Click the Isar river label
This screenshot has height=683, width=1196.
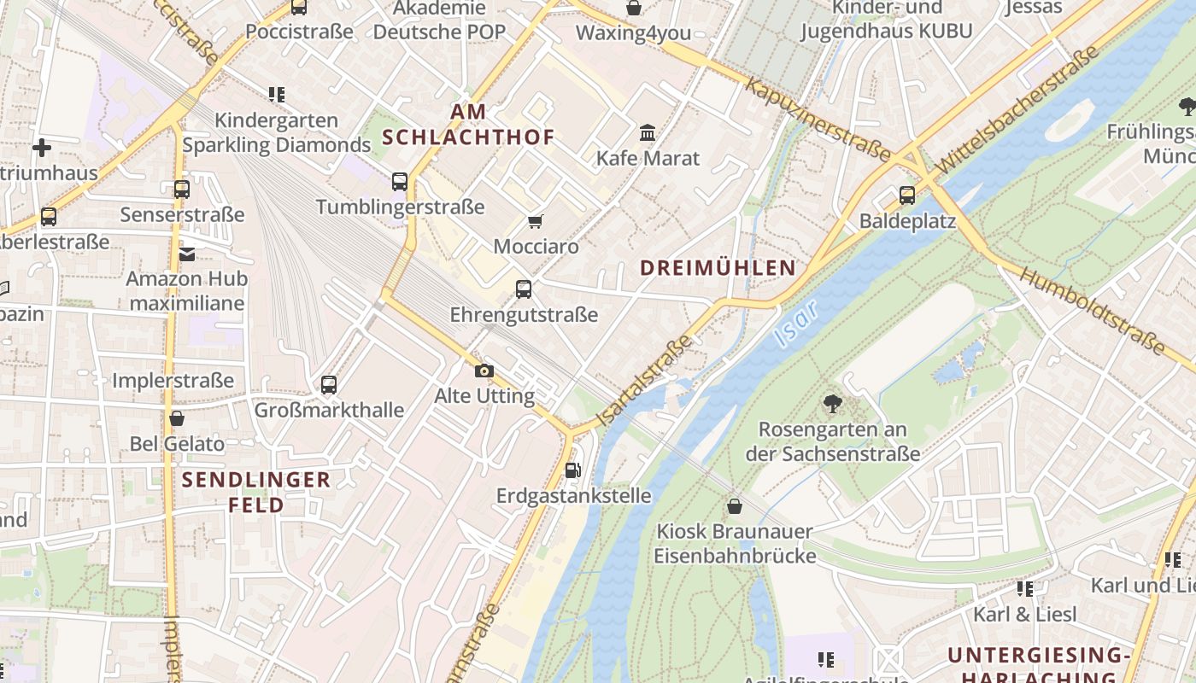795,324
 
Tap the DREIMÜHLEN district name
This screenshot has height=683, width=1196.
718,267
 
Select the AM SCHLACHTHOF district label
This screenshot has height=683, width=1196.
468,124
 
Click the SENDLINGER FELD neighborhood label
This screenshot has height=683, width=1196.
256,492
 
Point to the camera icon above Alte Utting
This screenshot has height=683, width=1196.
484,371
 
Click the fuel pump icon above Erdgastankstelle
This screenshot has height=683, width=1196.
573,470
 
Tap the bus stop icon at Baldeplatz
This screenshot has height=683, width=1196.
906,195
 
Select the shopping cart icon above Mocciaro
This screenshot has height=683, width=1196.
536,221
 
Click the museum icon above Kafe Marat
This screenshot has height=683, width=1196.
648,132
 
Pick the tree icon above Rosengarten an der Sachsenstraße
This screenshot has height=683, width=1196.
832,403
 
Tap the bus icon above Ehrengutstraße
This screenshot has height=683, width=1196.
524,289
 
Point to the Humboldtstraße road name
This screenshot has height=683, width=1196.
1093,312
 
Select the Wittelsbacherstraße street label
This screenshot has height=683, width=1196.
1017,111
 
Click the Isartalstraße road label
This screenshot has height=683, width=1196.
646,381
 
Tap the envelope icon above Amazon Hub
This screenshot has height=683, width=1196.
186,253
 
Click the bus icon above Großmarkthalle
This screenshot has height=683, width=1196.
329,384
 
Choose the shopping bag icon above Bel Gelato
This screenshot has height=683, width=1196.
177,418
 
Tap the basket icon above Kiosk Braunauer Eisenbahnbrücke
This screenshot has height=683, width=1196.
735,506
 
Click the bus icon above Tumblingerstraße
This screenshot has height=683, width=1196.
400,181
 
